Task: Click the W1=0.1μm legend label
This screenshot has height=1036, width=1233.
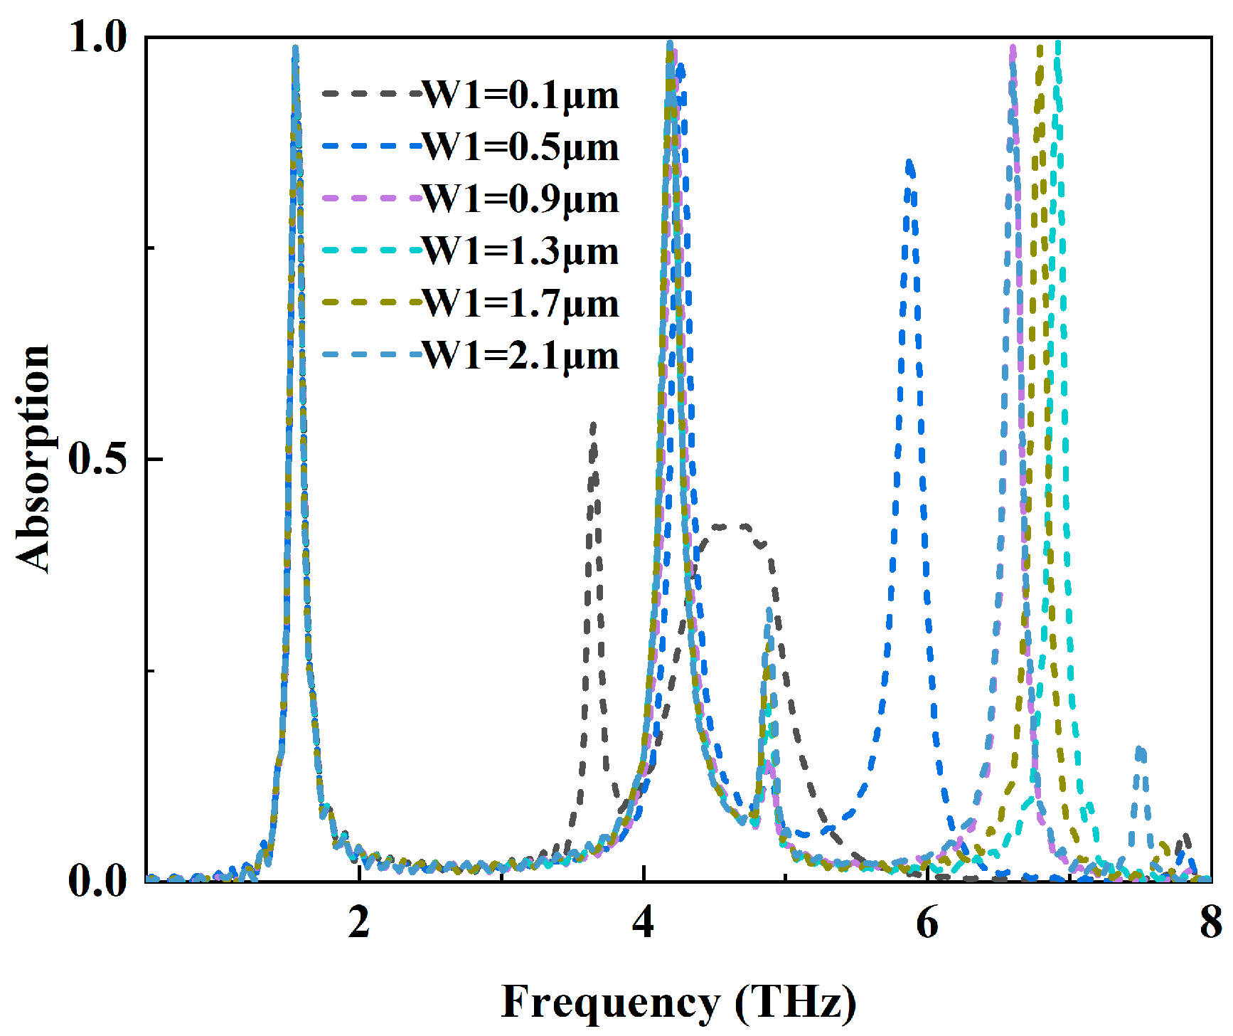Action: click(521, 95)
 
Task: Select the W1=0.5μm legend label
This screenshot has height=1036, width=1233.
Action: click(521, 147)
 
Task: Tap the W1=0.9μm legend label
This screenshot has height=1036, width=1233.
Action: click(521, 199)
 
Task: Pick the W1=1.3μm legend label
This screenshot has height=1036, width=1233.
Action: click(521, 252)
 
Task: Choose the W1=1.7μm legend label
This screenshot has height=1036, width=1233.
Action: click(521, 304)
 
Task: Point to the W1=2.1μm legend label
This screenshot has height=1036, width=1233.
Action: click(521, 356)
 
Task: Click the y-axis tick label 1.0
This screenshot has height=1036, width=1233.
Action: click(98, 37)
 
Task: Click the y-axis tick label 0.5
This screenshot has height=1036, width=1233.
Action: click(98, 459)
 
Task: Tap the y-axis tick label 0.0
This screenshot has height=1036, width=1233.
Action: click(98, 881)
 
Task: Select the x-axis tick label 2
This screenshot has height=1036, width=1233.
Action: click(359, 923)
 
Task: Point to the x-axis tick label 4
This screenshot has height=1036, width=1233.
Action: click(643, 923)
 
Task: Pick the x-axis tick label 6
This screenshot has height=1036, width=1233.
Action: click(927, 923)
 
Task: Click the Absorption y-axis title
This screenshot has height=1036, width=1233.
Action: click(33, 459)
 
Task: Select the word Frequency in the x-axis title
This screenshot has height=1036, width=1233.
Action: click(610, 1003)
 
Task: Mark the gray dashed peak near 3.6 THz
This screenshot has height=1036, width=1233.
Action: click(592, 425)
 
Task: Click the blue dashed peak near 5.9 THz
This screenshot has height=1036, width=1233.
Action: click(909, 164)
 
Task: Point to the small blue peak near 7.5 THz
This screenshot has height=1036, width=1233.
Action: click(1141, 751)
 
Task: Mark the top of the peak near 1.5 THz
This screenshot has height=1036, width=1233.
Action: click(295, 48)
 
